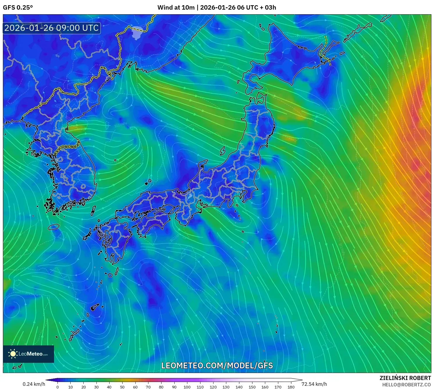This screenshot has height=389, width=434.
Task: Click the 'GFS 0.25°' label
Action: pyautogui.click(x=18, y=8)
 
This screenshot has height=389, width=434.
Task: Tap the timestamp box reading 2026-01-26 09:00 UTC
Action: pyautogui.click(x=52, y=28)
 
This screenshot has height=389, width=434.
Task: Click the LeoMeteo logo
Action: pyautogui.click(x=28, y=354)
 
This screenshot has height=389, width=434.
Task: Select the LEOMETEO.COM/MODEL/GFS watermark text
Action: pyautogui.click(x=217, y=365)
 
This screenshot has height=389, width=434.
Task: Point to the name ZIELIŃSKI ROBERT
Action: pyautogui.click(x=405, y=378)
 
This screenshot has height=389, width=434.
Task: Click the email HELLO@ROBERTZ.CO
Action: pyautogui.click(x=406, y=385)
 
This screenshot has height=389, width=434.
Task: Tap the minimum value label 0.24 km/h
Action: pyautogui.click(x=34, y=384)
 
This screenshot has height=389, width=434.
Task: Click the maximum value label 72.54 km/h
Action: pyautogui.click(x=314, y=384)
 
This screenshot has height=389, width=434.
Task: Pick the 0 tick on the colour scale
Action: pyautogui.click(x=58, y=387)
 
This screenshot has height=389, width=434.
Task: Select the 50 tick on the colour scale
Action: pyautogui.click(x=122, y=387)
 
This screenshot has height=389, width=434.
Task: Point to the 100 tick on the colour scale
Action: pyautogui.click(x=187, y=387)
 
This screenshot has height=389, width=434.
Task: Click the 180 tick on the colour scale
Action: pyautogui.click(x=291, y=387)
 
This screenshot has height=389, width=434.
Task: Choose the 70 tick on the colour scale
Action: pyautogui.click(x=148, y=387)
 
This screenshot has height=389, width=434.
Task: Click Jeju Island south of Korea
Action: pyautogui.click(x=54, y=226)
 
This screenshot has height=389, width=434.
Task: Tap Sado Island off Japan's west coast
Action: pyautogui.click(x=223, y=151)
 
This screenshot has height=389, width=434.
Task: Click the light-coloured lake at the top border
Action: pyautogui.click(x=137, y=33)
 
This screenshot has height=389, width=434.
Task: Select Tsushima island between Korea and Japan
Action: pyautogui.click(x=93, y=210)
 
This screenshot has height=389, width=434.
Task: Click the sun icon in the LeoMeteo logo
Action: pyautogui.click(x=13, y=354)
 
